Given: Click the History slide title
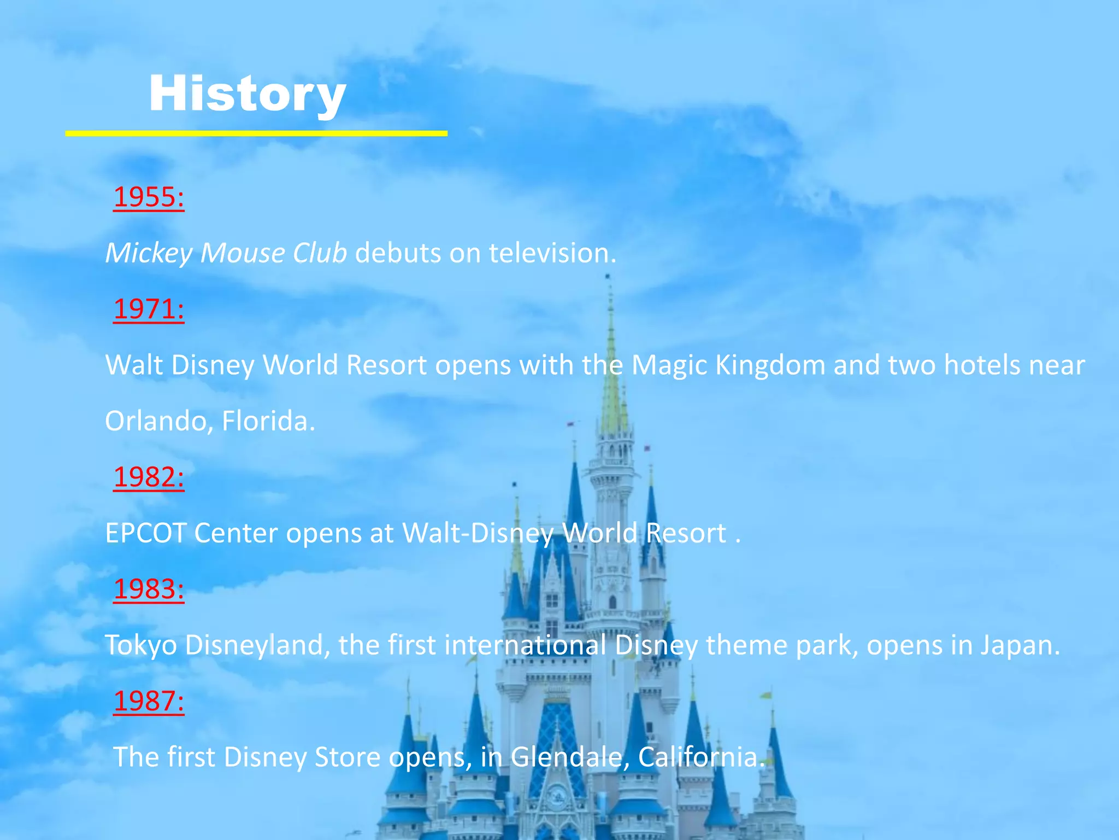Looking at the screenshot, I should [x=247, y=94].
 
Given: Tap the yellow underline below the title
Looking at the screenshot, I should [x=256, y=133].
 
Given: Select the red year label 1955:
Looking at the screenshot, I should [x=149, y=197].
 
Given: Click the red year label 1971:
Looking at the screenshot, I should [x=149, y=309].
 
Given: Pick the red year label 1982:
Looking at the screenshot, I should [x=149, y=477].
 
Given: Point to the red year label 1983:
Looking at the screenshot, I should [x=149, y=589].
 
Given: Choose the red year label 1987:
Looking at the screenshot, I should [x=149, y=701].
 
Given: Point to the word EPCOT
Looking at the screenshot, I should [x=145, y=533].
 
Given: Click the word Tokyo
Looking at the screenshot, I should [x=141, y=645].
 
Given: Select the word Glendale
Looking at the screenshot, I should [x=569, y=757].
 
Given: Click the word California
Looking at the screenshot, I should [x=700, y=757].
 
